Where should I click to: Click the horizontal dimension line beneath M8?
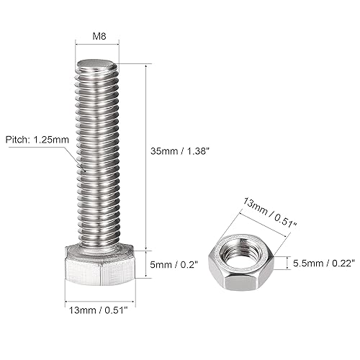click(x=98, y=45)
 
